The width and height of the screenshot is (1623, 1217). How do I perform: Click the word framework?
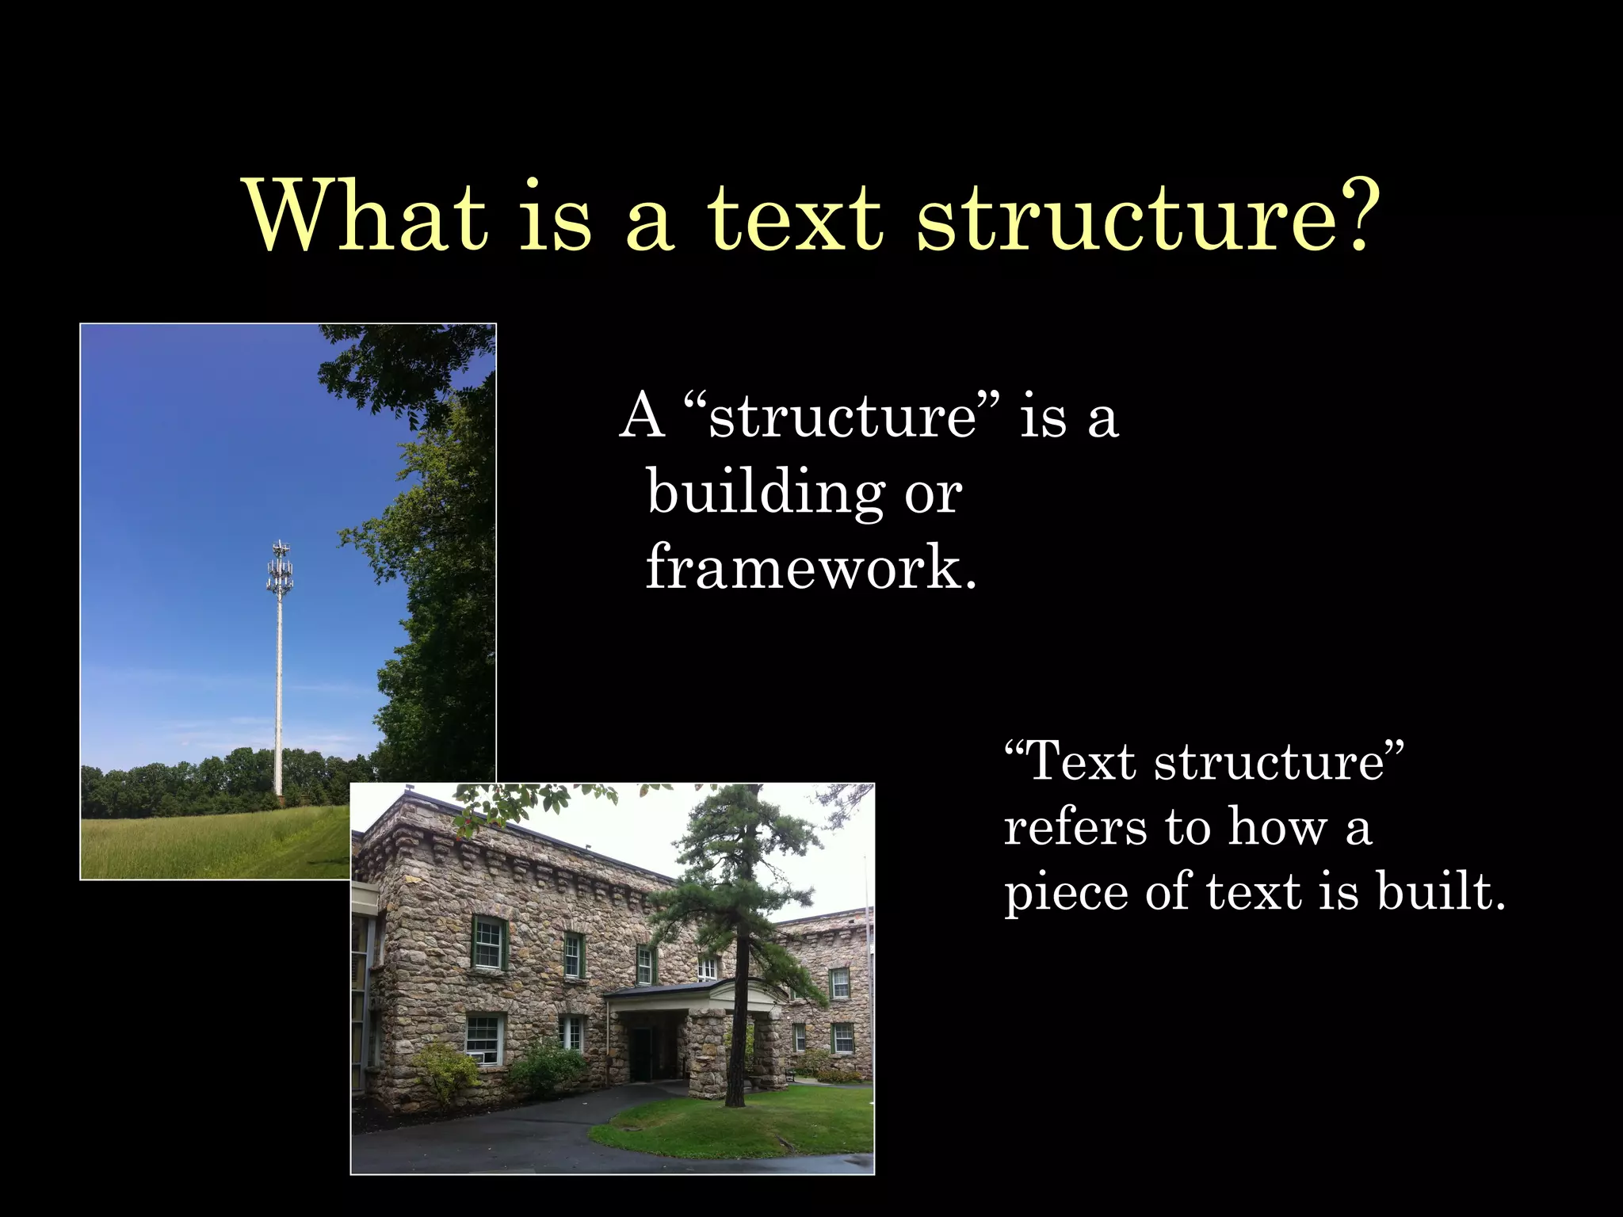click(811, 567)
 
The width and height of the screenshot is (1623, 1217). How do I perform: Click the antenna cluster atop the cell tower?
click(280, 567)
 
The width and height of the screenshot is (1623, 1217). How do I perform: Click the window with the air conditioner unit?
click(483, 1040)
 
